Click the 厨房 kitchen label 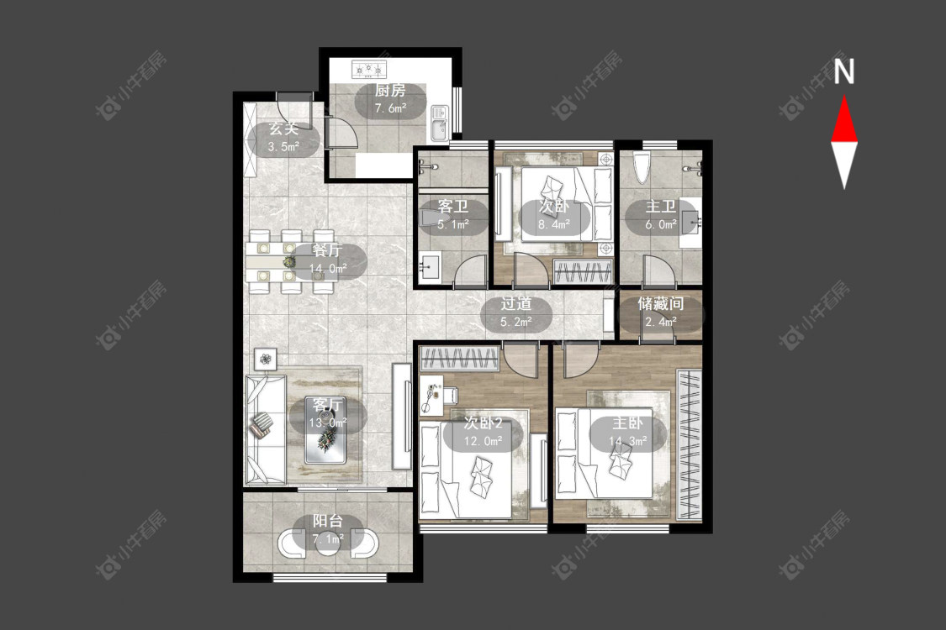(389, 91)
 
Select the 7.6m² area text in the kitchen (389, 109)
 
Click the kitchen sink (439, 123)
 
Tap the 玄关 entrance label (283, 129)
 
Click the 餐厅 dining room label (328, 250)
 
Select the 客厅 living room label (328, 405)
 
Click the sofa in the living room (266, 429)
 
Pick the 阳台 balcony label (328, 521)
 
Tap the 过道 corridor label (515, 304)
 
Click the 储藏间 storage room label (661, 303)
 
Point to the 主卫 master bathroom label (661, 207)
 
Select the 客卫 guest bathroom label (453, 207)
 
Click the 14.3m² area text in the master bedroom (627, 441)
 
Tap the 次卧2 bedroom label (483, 423)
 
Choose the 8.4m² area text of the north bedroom (554, 225)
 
